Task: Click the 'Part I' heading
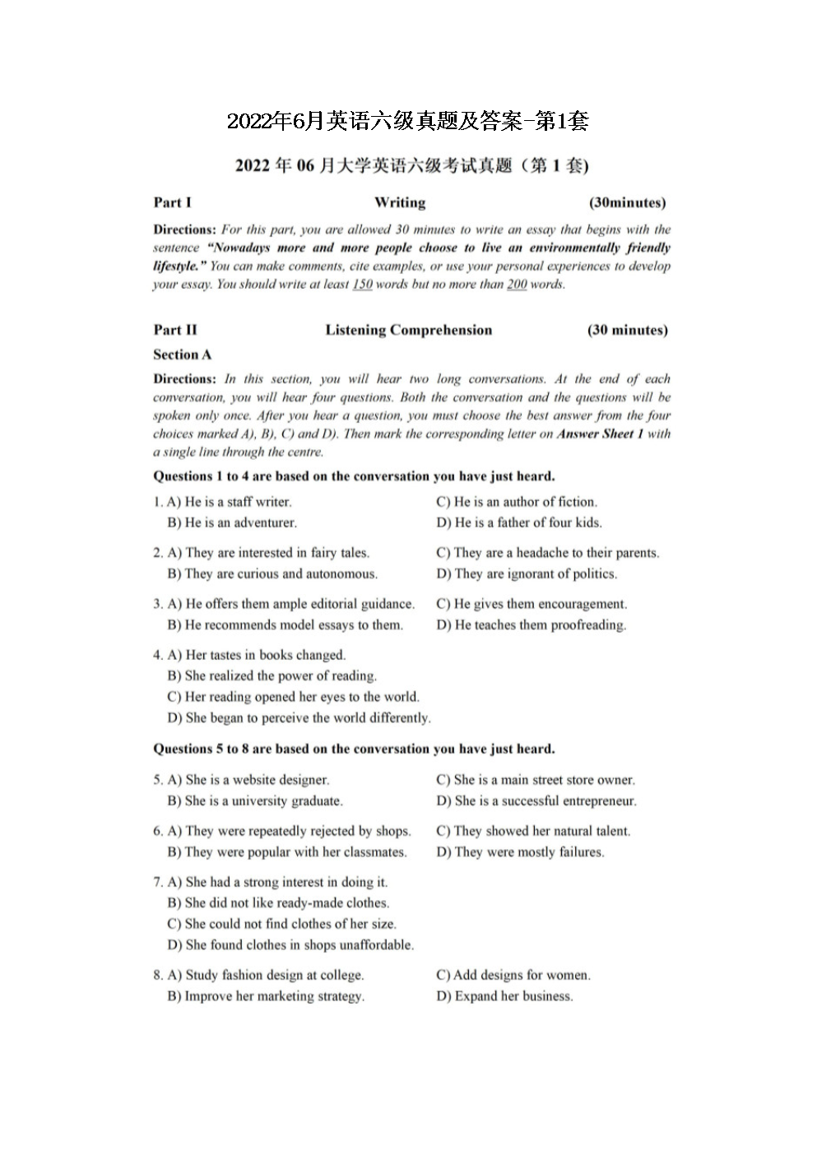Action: [172, 202]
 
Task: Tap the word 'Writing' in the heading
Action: [400, 202]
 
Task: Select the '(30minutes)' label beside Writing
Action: [627, 202]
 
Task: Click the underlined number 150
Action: [362, 285]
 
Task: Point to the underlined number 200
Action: [516, 285]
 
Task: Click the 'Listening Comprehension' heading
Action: [408, 330]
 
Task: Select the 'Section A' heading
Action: [182, 355]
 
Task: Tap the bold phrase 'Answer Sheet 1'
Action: [600, 434]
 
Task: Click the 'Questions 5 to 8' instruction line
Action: [354, 749]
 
